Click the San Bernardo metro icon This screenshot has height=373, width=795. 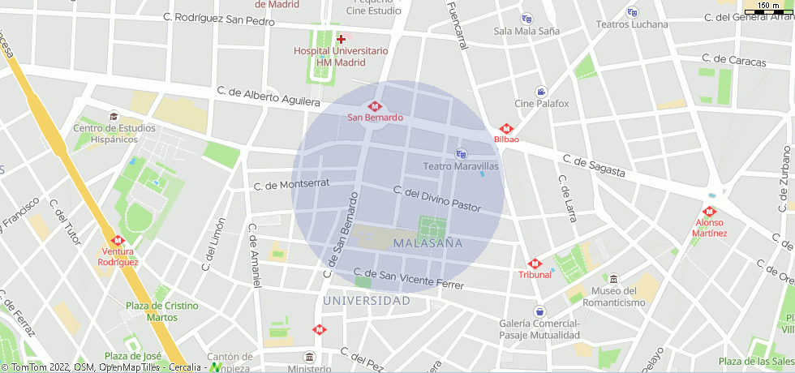[374, 105]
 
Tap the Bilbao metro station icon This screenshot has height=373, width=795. [506, 128]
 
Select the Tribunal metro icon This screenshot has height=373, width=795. [535, 264]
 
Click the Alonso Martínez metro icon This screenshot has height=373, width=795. [709, 212]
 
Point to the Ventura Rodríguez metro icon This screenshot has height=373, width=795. [118, 241]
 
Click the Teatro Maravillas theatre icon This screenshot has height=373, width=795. [462, 154]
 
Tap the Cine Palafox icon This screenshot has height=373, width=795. [541, 92]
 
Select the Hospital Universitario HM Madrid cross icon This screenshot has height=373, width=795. [341, 39]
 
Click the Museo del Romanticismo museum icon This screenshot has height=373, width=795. [613, 279]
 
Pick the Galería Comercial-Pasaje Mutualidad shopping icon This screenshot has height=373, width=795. [539, 311]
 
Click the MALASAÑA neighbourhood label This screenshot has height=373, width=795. [427, 242]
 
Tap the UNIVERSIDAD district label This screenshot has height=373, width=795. [367, 301]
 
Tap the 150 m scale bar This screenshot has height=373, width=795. [769, 8]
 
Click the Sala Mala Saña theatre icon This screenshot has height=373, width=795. [526, 19]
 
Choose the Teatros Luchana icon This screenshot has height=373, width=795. [632, 12]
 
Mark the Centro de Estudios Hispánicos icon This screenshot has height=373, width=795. [114, 116]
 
